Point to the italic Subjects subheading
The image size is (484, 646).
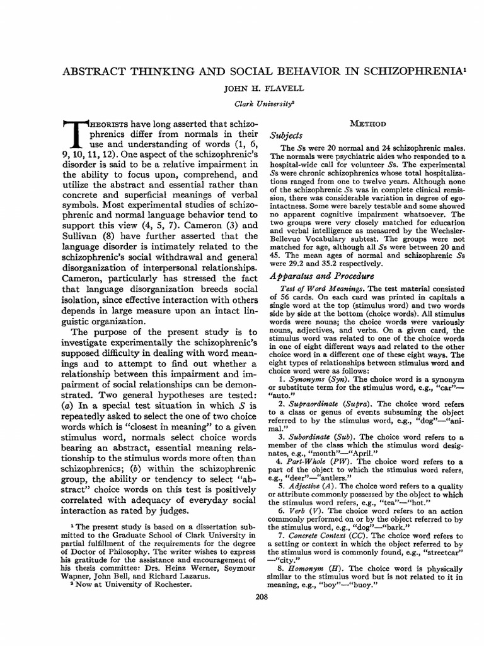point(285,135)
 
